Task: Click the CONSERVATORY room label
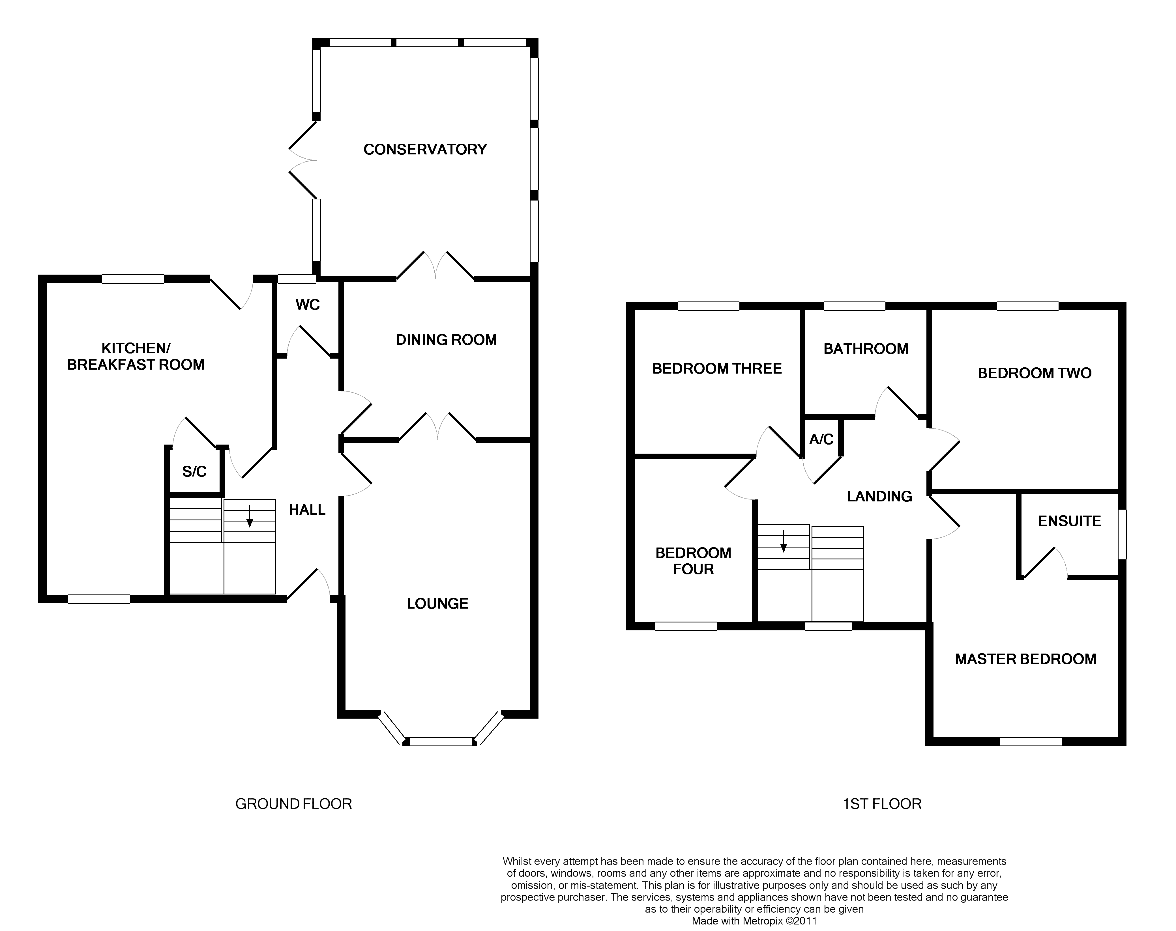coord(425,149)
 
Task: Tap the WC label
coord(308,305)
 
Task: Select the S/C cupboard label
coord(194,471)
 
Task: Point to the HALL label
coord(307,510)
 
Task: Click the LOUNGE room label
coord(437,604)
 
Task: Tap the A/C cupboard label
coord(821,439)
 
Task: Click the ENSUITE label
coord(1069,521)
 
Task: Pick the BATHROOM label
coord(866,349)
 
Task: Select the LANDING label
coord(879,496)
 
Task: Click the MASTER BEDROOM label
coord(1025,659)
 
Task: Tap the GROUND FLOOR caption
coord(293,804)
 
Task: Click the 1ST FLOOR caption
coord(882,804)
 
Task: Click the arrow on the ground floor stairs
coord(249,516)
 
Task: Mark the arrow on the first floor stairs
coord(783,541)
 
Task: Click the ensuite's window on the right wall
coord(1122,534)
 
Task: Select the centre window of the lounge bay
coord(441,741)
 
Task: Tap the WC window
coord(297,279)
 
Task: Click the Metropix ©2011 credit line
coord(754,921)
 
